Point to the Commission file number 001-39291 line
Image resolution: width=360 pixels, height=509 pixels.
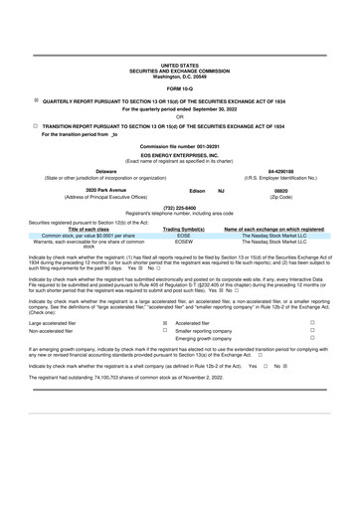pos(179,146)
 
